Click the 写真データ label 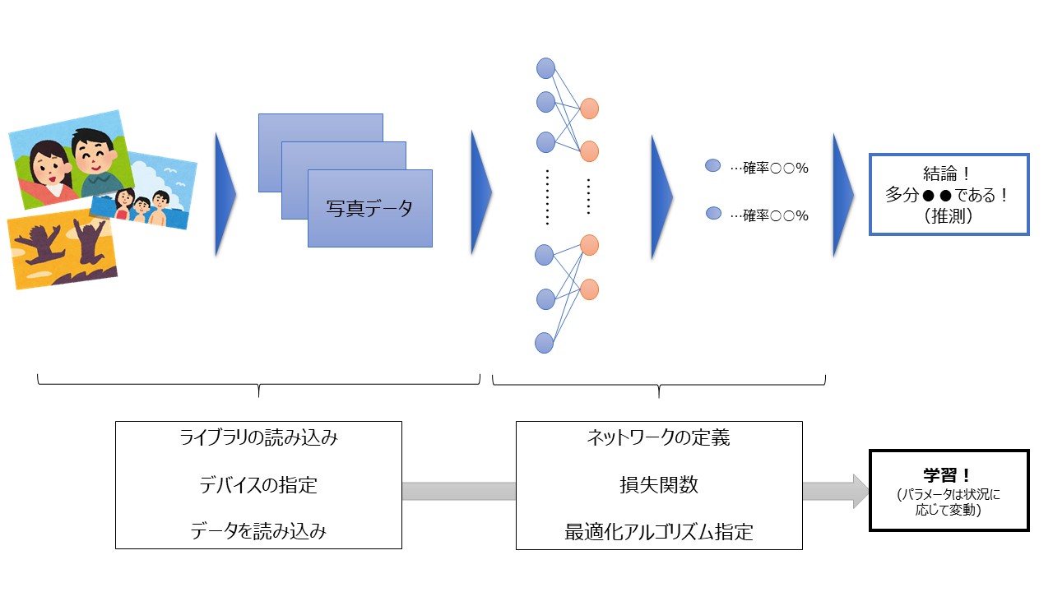click(x=369, y=209)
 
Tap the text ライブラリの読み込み click(x=258, y=438)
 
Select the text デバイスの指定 click(x=258, y=485)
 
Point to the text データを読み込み click(x=258, y=532)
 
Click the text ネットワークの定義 click(x=658, y=438)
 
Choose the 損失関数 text click(x=658, y=485)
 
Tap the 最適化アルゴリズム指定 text click(x=658, y=532)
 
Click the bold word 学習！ click(x=949, y=475)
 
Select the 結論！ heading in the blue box click(x=949, y=174)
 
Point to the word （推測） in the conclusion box click(x=949, y=217)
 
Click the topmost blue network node click(x=545, y=68)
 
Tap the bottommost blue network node click(x=545, y=342)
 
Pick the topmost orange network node click(x=589, y=109)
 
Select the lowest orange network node click(x=589, y=289)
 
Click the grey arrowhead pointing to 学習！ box click(x=859, y=491)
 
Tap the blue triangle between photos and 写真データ click(x=225, y=194)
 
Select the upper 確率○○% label click(x=768, y=168)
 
